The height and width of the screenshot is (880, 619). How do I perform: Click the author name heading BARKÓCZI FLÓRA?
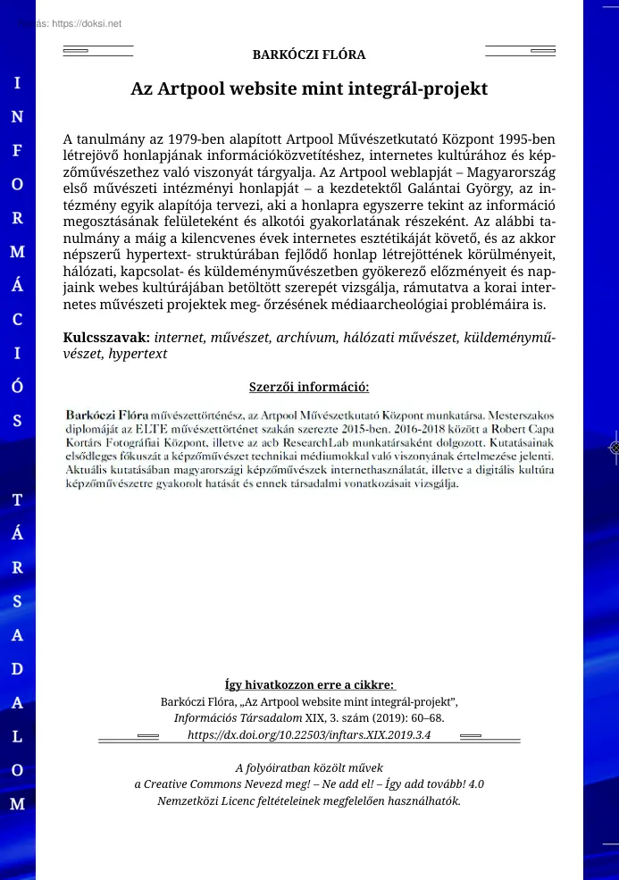click(309, 54)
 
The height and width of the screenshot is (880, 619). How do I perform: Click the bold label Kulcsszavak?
click(107, 338)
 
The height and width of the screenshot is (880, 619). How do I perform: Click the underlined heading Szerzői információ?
click(309, 387)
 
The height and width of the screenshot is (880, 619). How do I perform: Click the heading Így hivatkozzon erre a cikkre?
click(309, 685)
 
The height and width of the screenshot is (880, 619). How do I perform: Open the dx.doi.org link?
click(309, 734)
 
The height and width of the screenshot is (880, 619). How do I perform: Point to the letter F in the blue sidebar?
click(18, 150)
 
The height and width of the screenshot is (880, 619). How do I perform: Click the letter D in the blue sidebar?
click(18, 669)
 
